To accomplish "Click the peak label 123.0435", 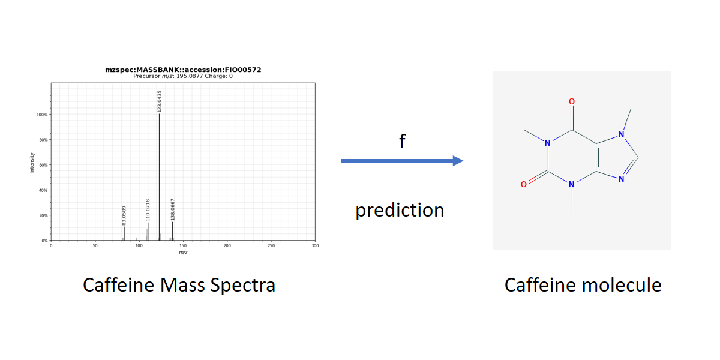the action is (x=160, y=101).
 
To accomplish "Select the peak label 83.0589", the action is (x=124, y=215).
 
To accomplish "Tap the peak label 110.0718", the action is (x=148, y=210).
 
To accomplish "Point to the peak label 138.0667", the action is (x=173, y=210).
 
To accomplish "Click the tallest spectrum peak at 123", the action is (x=159, y=178).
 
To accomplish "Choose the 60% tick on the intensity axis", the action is (x=43, y=165).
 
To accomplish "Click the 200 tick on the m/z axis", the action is (x=227, y=245).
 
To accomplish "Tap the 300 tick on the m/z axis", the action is (x=316, y=245).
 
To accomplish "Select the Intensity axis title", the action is (x=32, y=163).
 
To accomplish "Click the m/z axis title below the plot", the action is (x=183, y=253).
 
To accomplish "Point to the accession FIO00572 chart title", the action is (x=183, y=70).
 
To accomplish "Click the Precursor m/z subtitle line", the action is (x=183, y=76).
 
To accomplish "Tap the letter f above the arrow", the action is (x=402, y=141).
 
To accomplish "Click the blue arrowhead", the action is (x=458, y=161).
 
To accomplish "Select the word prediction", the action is (x=400, y=210).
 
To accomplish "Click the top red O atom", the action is (x=572, y=101).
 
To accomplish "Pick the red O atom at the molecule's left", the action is (x=524, y=185).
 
